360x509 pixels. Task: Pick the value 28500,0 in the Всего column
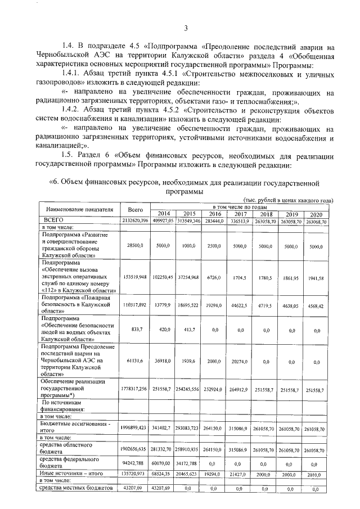coord(136,246)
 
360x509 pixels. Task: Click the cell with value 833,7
coord(136,331)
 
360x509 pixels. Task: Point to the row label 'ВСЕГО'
coord(55,220)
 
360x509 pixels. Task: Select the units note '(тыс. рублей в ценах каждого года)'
coord(286,201)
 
